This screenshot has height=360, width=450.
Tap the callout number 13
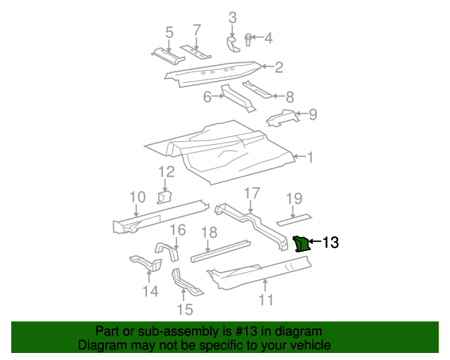(x=330, y=243)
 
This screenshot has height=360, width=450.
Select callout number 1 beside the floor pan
(x=309, y=157)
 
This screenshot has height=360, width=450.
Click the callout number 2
(x=279, y=67)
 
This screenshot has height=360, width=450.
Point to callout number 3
(x=233, y=18)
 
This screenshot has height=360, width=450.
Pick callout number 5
(x=169, y=32)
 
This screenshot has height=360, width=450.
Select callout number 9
(x=313, y=114)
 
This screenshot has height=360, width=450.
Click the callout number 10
(x=138, y=198)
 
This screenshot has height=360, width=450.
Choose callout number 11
(x=266, y=300)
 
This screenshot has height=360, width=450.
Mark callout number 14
(x=150, y=290)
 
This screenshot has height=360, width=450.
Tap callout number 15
(x=184, y=309)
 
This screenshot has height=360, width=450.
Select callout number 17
(x=252, y=193)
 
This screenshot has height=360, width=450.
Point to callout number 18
(x=210, y=233)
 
